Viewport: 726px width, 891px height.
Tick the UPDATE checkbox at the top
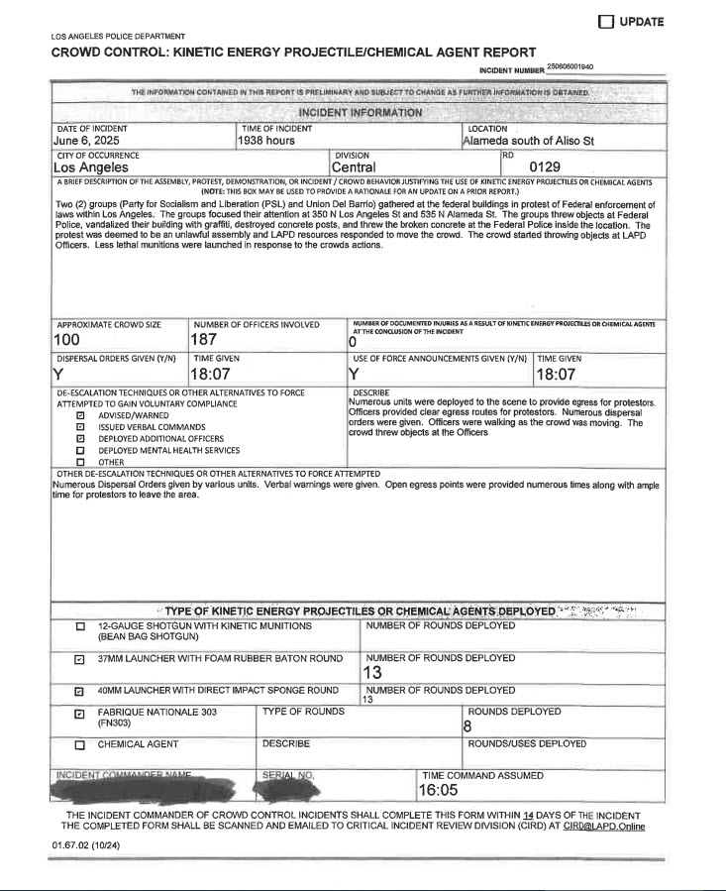606,22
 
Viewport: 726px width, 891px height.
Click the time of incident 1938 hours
266,142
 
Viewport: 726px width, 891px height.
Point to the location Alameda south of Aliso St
528,142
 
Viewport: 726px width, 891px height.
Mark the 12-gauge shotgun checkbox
80,628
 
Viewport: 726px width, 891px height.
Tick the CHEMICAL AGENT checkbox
80,744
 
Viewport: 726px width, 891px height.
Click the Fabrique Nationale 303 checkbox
80,713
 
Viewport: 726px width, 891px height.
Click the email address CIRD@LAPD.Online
604,825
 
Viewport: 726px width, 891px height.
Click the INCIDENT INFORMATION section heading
361,112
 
